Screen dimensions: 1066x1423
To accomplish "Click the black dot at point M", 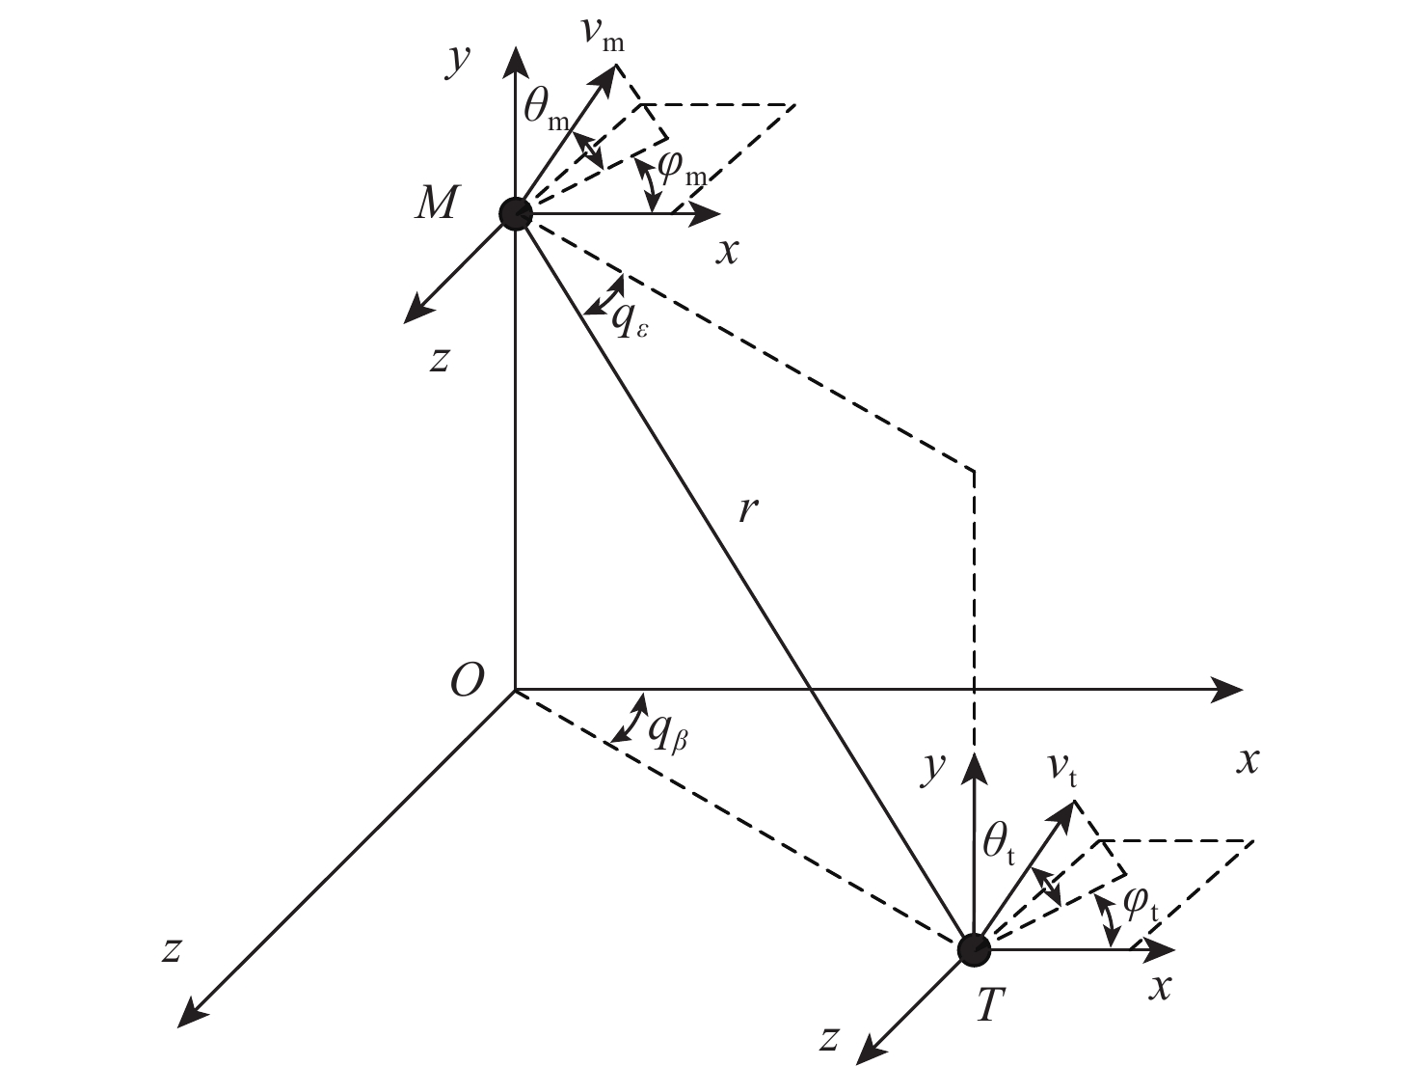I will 516,213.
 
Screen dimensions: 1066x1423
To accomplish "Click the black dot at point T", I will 974,949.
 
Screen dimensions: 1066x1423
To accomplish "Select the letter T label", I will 990,1007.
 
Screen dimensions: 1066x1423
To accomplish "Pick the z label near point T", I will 827,1038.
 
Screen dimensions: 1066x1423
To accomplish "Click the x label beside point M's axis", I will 728,251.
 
